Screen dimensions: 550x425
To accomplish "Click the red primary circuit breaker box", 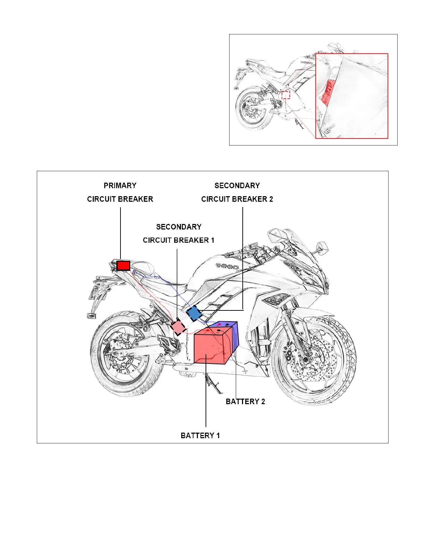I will [x=123, y=266].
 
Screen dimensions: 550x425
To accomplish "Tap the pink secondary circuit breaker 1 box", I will [x=178, y=327].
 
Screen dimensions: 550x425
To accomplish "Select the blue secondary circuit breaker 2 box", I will [x=194, y=314].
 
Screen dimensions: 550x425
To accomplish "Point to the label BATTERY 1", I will [x=200, y=435].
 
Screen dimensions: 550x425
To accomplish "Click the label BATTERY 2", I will [x=245, y=401].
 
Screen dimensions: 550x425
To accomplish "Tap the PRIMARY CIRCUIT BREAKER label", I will [x=120, y=192].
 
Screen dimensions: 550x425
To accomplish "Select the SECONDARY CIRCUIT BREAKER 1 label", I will [x=178, y=233].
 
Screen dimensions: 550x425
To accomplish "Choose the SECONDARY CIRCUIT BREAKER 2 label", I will [x=237, y=192].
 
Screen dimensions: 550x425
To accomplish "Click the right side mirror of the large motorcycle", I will [x=323, y=247].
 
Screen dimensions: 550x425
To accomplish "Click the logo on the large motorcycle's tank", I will [x=227, y=267].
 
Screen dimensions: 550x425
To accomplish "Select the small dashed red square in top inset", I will [x=286, y=94].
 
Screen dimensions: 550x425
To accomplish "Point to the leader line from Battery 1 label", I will [x=206, y=392].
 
